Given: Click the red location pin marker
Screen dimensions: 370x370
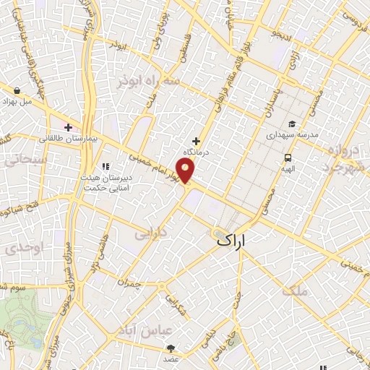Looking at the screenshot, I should (x=186, y=171).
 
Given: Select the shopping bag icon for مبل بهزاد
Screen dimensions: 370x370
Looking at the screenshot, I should (x=17, y=91).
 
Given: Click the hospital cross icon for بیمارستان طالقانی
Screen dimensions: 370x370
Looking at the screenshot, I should (x=69, y=128).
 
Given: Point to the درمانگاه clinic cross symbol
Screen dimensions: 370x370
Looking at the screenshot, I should (x=196, y=140).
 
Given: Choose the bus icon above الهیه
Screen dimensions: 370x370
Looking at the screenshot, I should (x=288, y=158).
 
